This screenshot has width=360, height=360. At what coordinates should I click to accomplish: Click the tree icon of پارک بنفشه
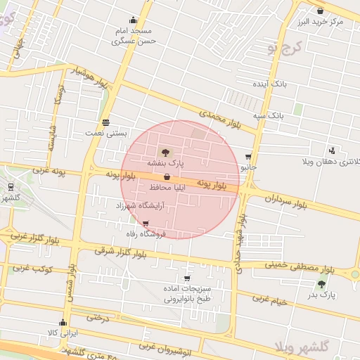coord(165,151)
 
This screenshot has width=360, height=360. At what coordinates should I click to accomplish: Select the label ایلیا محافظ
coord(166,188)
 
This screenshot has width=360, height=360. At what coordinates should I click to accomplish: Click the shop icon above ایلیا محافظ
coord(166,178)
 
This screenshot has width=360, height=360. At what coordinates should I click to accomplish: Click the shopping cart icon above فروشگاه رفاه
coord(146,223)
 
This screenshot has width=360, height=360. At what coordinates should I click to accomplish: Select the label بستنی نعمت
coord(105,132)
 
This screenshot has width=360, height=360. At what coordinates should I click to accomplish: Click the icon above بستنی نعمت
coord(105,122)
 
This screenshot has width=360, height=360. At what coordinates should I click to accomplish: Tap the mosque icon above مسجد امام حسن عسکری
coord(134,20)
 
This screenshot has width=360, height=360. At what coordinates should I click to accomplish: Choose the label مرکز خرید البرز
coord(321,22)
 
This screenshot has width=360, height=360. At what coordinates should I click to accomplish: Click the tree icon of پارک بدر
coord(322,284)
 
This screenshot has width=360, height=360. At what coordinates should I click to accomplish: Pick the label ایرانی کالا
coord(63,332)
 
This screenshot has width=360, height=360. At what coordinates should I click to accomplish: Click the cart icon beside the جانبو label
coord(248,157)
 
